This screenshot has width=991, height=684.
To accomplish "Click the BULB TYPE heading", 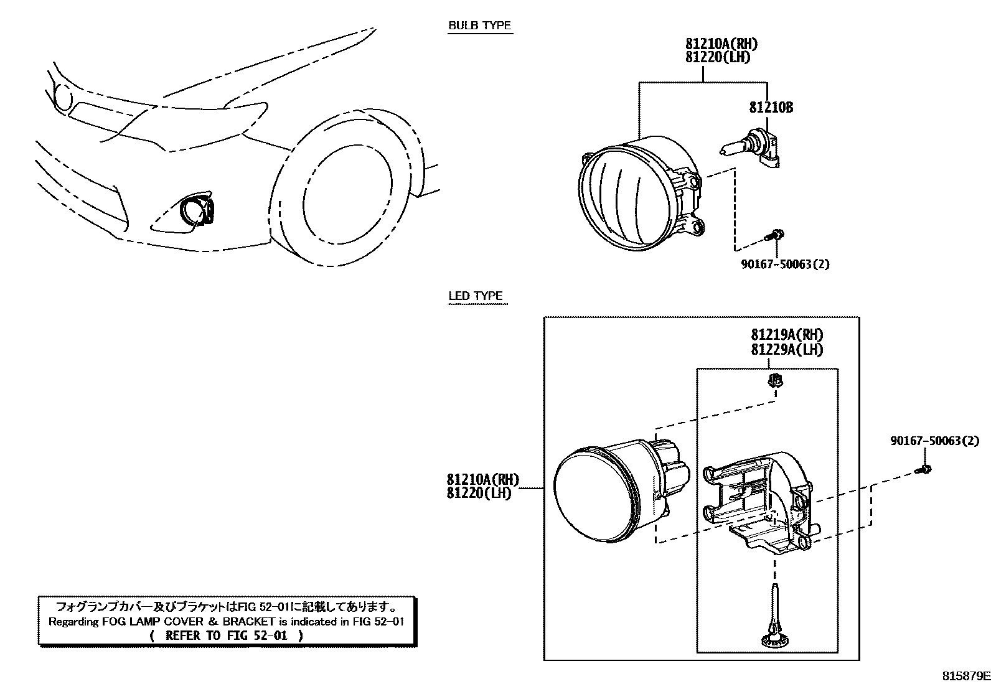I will pyautogui.click(x=479, y=26).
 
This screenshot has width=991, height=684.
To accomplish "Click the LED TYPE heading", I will pyautogui.click(x=476, y=296).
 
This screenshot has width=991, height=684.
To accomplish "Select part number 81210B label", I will pyautogui.click(x=771, y=108).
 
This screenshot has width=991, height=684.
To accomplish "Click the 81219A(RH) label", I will pyautogui.click(x=787, y=335).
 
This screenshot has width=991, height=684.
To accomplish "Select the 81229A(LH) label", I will pyautogui.click(x=787, y=350).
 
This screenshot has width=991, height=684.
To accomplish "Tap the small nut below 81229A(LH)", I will pyautogui.click(x=774, y=381).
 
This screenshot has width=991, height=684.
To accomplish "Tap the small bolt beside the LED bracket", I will pyautogui.click(x=925, y=469).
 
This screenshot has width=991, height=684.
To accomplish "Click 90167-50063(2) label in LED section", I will pyautogui.click(x=934, y=441).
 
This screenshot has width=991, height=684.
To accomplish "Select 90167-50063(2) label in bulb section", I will pyautogui.click(x=785, y=264).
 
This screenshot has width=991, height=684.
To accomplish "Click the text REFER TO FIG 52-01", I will pyautogui.click(x=227, y=635).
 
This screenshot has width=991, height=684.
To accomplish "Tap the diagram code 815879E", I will pyautogui.click(x=964, y=675).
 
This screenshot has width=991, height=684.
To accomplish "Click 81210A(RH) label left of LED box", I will pyautogui.click(x=482, y=480).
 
